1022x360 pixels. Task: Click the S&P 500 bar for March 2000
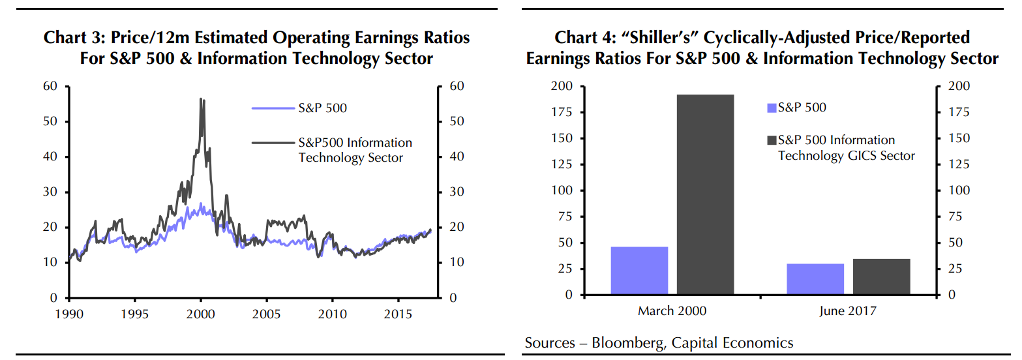tap(639, 271)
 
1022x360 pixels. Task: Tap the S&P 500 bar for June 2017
tap(815, 279)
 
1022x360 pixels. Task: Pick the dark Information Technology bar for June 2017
tap(881, 277)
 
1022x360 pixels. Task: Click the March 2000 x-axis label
tap(672, 311)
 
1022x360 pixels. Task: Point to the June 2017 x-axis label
tap(848, 311)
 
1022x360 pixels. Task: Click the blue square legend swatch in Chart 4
tap(772, 108)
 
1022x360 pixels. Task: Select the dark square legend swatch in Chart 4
tap(772, 140)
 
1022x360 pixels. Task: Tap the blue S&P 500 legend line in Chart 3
tap(273, 108)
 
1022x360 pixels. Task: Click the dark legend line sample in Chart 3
tap(273, 142)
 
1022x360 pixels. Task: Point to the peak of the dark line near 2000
tap(201, 99)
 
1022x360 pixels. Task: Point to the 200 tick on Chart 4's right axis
tap(961, 86)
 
